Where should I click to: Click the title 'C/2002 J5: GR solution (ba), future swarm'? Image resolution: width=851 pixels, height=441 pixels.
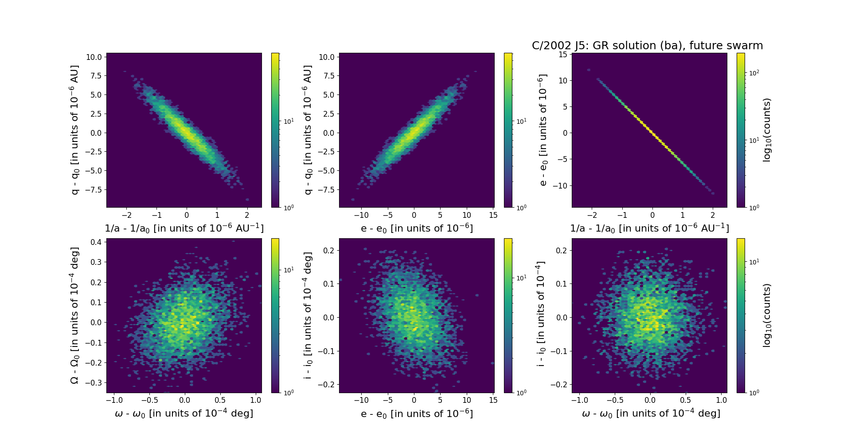[647, 46]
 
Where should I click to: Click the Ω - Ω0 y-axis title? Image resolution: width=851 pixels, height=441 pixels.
[74, 315]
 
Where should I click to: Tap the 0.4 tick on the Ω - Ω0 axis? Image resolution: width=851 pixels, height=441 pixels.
[97, 242]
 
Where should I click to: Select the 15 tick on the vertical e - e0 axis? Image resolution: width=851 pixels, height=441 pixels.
[563, 54]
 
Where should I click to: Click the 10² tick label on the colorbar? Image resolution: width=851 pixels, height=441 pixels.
[754, 73]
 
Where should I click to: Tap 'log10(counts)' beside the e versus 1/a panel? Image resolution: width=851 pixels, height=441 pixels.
[767, 130]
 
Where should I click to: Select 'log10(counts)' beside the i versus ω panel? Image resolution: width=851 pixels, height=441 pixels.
[767, 315]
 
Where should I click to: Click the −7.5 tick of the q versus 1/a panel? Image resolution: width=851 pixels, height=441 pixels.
[94, 189]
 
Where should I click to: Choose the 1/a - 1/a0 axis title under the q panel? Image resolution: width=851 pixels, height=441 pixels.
[184, 228]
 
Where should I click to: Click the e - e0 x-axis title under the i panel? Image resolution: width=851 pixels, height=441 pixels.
[417, 413]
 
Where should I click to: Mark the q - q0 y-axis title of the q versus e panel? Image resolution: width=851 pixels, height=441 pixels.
[307, 130]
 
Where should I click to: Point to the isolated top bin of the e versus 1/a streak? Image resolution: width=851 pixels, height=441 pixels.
[589, 70]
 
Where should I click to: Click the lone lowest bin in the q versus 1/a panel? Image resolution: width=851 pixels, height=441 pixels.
[247, 200]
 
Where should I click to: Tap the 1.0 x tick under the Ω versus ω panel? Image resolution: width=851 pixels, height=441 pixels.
[256, 400]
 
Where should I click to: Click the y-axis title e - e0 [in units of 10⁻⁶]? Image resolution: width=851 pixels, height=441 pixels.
[542, 130]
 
